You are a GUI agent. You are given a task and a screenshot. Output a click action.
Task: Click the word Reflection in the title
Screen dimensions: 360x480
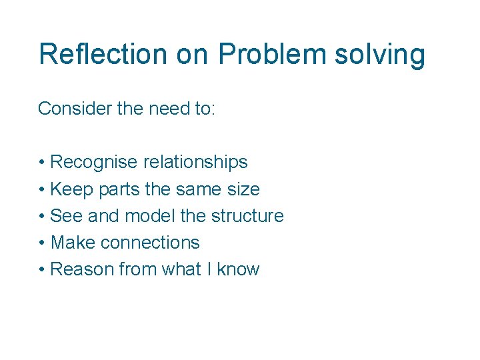click(103, 54)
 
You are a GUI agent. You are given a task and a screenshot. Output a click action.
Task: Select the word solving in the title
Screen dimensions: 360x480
click(380, 54)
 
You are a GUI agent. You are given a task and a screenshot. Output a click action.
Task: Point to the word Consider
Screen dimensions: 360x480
click(75, 109)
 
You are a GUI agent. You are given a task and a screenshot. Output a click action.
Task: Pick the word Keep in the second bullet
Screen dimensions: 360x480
click(72, 189)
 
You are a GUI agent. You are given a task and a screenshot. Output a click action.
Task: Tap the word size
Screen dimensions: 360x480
click(242, 189)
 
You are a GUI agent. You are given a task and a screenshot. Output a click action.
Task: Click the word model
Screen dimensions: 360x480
click(150, 216)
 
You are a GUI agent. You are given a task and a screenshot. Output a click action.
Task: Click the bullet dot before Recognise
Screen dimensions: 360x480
click(41, 163)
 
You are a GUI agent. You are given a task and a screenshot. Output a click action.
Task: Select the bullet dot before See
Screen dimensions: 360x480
click(41, 217)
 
